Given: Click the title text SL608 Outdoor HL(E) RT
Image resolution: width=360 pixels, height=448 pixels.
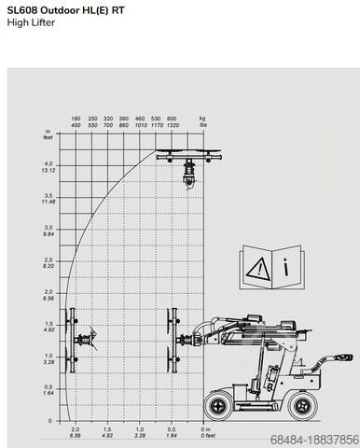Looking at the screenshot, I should tap(62, 9).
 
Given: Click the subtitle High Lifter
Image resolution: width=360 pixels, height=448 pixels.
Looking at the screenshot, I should tap(30, 22).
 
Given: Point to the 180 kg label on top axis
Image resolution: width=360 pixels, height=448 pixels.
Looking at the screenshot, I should tap(76, 123).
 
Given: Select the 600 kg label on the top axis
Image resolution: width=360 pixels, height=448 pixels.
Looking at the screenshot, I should tap(172, 123).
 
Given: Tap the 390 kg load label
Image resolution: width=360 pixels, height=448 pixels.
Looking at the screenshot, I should tap(124, 123).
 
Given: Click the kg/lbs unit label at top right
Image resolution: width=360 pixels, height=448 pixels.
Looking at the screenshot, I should tap(201, 123).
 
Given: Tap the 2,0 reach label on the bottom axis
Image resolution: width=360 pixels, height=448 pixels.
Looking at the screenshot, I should tap(76, 430).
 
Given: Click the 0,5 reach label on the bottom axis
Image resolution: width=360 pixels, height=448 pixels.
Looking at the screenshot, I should tap(172, 430).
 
